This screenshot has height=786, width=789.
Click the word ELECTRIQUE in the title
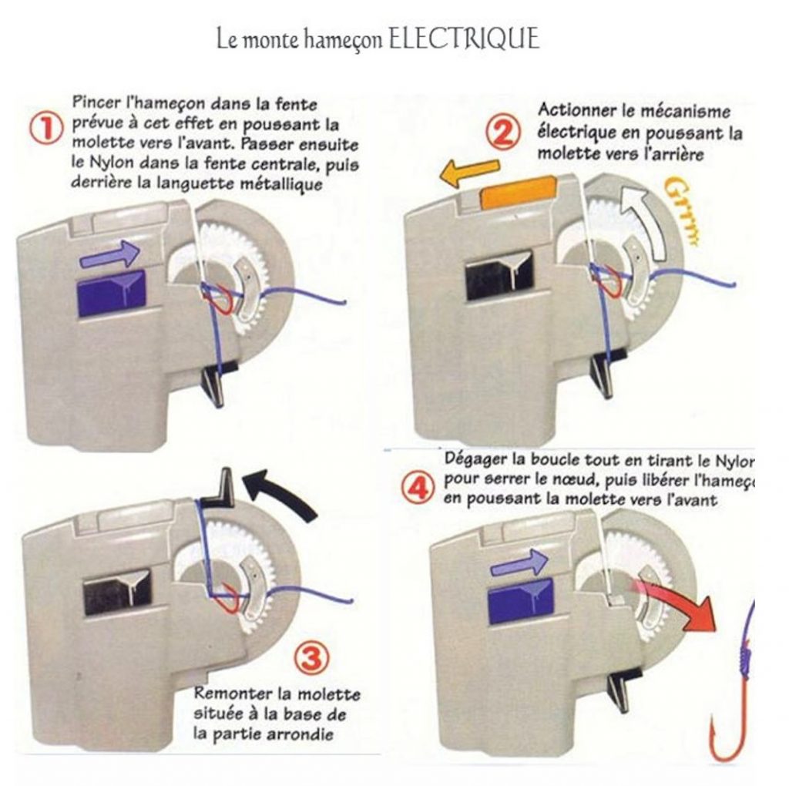tap(462, 40)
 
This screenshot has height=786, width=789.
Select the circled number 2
tap(503, 135)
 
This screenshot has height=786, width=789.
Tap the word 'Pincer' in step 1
tap(95, 102)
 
